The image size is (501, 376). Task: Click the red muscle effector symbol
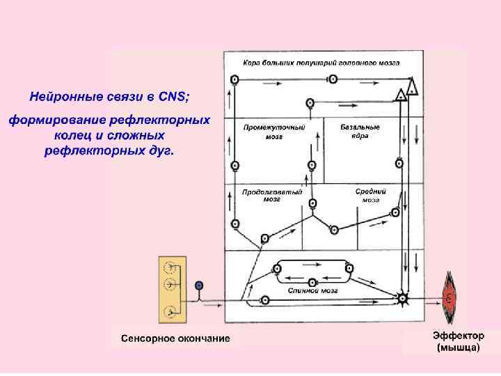[450, 298]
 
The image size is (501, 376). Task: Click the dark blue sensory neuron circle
[199, 285]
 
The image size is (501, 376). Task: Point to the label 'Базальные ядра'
[360, 132]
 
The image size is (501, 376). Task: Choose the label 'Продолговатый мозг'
[272, 195]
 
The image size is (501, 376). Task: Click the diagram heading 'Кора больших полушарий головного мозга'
[321, 62]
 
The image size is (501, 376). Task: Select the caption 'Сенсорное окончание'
[175, 339]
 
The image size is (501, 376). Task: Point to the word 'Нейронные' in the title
[63, 95]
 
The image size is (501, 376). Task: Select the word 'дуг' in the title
[161, 150]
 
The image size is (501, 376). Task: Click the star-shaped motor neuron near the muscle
[402, 299]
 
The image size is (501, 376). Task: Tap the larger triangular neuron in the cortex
[413, 87]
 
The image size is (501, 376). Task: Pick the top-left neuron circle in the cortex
[235, 80]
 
